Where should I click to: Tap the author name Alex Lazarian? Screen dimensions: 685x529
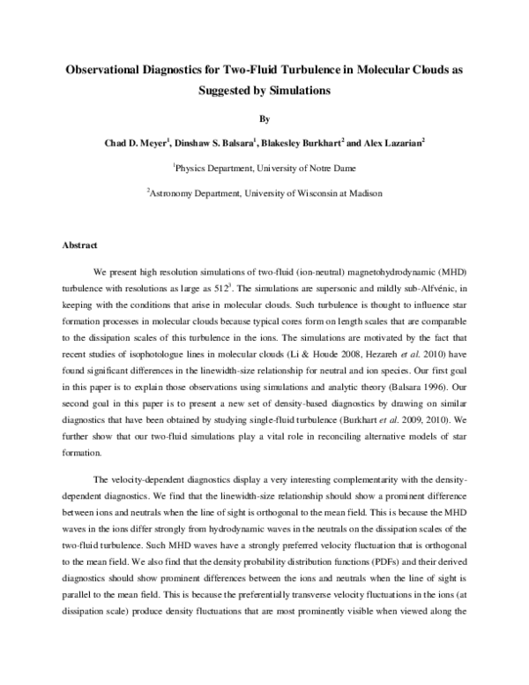tap(394, 141)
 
